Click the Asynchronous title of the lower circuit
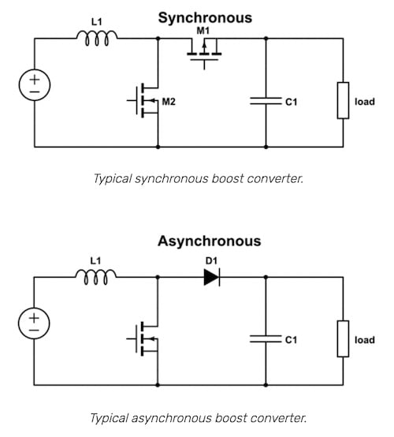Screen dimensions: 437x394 click(209, 241)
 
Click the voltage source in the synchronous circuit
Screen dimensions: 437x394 click(36, 84)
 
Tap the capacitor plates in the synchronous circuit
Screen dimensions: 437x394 click(266, 101)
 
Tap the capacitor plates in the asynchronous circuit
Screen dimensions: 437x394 click(266, 339)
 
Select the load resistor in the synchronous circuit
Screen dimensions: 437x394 click(343, 101)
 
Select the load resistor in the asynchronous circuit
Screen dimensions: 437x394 click(343, 339)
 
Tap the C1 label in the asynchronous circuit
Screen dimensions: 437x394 click(291, 340)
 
